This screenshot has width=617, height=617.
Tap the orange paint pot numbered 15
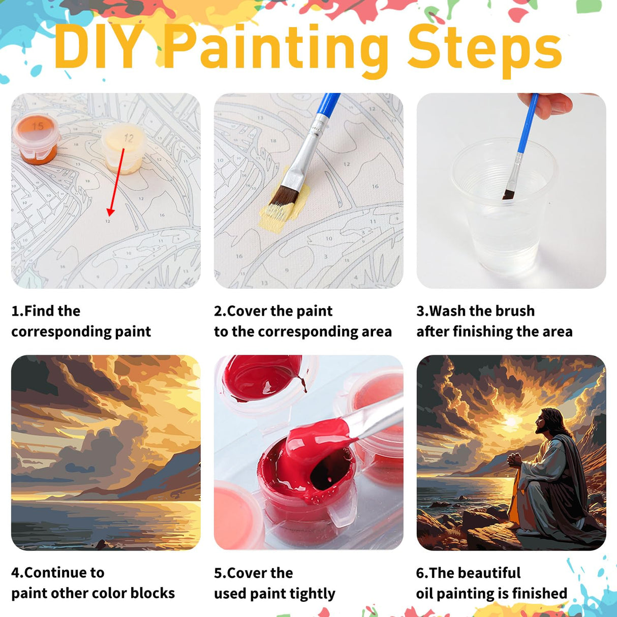[36, 137]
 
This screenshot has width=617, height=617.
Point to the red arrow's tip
[110, 213]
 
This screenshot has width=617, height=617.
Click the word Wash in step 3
[448, 311]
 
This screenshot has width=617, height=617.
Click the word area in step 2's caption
[377, 331]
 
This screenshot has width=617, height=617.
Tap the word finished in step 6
[539, 593]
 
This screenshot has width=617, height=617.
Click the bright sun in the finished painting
[511, 421]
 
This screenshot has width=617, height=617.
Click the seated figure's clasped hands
[514, 460]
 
